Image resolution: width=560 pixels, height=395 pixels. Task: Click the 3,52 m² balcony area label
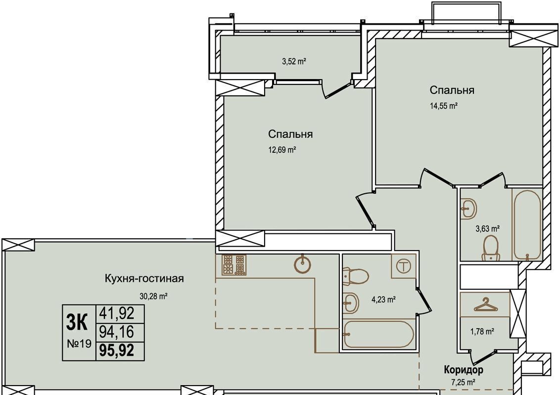pos(294,61)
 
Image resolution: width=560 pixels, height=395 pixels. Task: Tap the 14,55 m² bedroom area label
pos(444,106)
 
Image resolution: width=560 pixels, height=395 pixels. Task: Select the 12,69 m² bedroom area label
pos(282,150)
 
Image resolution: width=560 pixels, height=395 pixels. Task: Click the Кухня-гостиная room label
pos(144,278)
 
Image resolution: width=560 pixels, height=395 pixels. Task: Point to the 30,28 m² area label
pos(153,296)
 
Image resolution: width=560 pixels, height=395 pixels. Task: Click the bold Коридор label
pos(464,370)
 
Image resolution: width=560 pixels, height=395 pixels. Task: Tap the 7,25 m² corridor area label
pos(463,383)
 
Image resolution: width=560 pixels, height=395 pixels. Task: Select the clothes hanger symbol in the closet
pos(485,305)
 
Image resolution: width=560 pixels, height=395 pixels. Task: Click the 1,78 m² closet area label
pos(482,332)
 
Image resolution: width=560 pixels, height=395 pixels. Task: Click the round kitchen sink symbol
pos(302,264)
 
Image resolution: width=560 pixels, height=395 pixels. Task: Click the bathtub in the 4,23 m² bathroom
pos(378,334)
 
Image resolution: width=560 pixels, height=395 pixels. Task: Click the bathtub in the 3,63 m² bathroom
pos(527,225)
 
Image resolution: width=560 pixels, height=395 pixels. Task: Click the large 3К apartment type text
pos(77,323)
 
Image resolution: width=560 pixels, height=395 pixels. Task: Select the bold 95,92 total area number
pos(117,351)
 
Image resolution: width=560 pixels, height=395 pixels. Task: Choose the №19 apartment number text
pos(79,344)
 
